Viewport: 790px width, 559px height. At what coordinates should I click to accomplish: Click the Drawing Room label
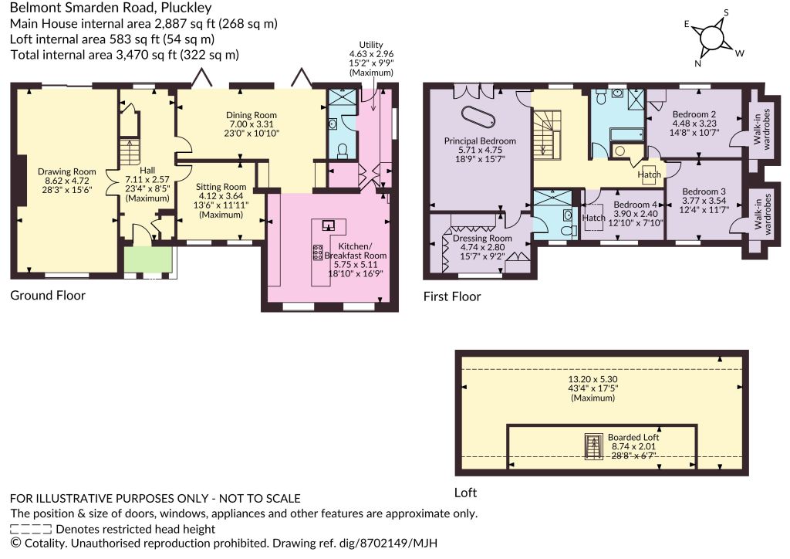click(66, 172)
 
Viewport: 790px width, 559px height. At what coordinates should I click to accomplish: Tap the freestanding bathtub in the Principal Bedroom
click(478, 117)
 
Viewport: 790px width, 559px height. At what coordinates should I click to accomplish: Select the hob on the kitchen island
click(318, 252)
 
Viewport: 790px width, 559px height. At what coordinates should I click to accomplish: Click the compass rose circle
click(711, 37)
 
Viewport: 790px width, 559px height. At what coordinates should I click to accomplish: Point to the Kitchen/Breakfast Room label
click(355, 251)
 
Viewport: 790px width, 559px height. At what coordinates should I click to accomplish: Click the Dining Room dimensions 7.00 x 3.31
click(252, 124)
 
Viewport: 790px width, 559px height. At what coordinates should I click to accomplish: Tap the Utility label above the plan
click(371, 45)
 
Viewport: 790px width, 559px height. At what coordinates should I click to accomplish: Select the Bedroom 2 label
click(694, 114)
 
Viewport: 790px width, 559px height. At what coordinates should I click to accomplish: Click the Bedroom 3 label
click(704, 191)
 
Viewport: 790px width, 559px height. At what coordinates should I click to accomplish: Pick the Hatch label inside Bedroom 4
click(593, 218)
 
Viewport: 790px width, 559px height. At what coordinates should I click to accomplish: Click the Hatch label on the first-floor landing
click(649, 174)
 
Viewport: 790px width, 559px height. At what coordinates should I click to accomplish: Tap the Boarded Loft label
click(633, 438)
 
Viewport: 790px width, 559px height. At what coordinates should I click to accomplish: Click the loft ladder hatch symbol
click(593, 446)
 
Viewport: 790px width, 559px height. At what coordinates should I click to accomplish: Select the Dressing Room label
click(482, 239)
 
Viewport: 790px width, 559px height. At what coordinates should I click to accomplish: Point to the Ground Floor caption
click(48, 296)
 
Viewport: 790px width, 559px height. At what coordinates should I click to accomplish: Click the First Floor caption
click(452, 296)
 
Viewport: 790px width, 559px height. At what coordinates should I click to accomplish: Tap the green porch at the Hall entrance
click(149, 259)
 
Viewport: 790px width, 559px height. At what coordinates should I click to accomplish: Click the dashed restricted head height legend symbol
click(31, 529)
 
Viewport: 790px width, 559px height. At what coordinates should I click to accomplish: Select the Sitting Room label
click(221, 187)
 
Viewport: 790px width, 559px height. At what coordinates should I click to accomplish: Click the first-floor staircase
click(547, 135)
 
